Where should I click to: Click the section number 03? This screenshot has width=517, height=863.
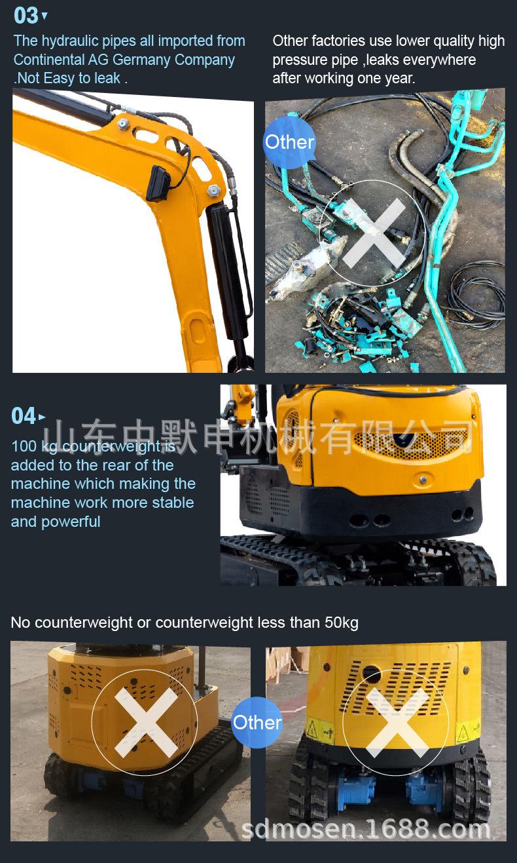[26, 14]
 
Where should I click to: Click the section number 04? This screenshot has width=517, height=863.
[24, 416]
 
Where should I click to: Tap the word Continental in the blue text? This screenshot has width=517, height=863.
[48, 60]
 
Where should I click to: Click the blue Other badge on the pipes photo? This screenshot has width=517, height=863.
[289, 142]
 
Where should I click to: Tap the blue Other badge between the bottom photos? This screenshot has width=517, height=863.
[257, 723]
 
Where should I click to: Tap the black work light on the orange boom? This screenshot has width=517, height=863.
[159, 182]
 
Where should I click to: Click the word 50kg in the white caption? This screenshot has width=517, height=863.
[341, 623]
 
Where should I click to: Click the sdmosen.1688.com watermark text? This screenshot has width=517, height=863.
[366, 830]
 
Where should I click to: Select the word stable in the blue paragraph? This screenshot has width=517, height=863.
[173, 503]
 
